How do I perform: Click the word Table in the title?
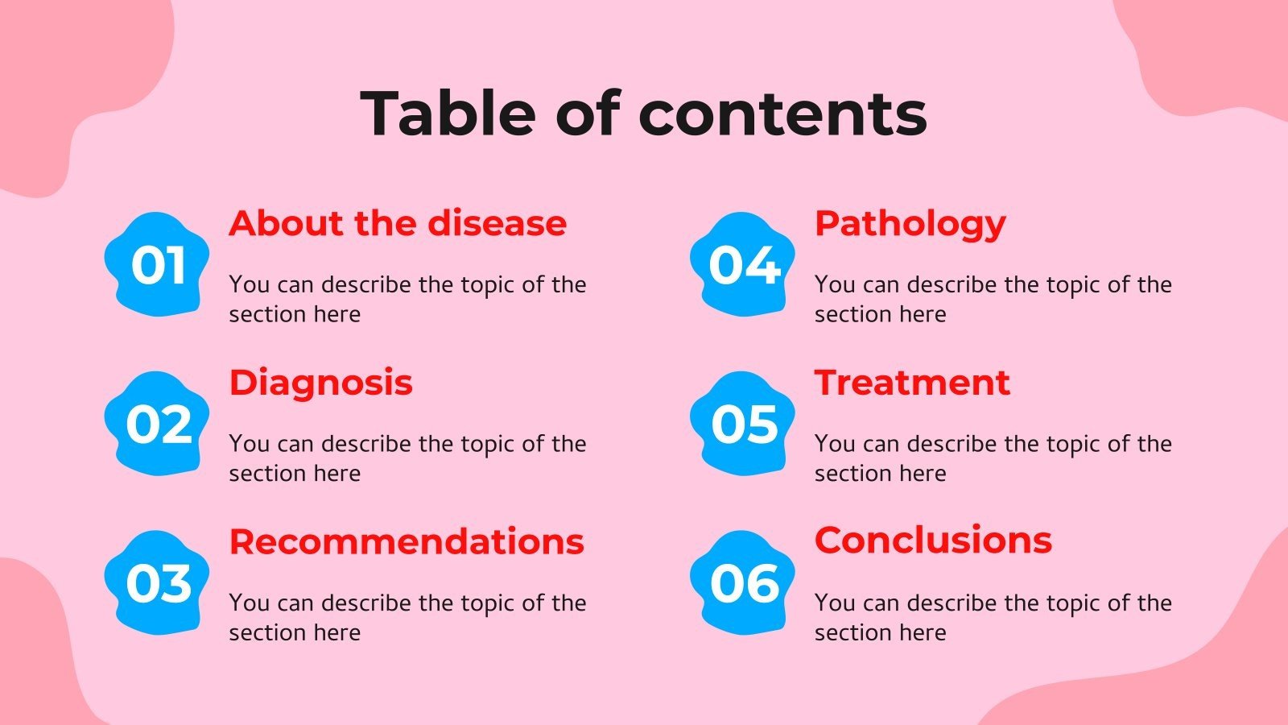tap(448, 113)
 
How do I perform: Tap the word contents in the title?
tap(782, 113)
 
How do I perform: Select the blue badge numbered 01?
tap(157, 264)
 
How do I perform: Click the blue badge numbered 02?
tap(157, 424)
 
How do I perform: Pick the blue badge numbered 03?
tap(157, 582)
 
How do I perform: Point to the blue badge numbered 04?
tap(742, 264)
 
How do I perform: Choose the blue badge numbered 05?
tap(742, 424)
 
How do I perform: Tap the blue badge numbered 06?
tap(742, 582)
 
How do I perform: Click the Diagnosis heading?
tap(320, 383)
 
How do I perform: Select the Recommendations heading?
tap(407, 541)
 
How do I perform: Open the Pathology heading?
tap(910, 224)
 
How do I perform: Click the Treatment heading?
tap(911, 383)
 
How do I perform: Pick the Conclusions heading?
tap(932, 540)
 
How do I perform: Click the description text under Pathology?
tap(992, 299)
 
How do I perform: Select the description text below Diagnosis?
tap(407, 458)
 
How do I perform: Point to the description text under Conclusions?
tap(992, 618)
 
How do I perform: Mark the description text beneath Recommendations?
tap(407, 618)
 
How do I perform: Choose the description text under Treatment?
tap(992, 458)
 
